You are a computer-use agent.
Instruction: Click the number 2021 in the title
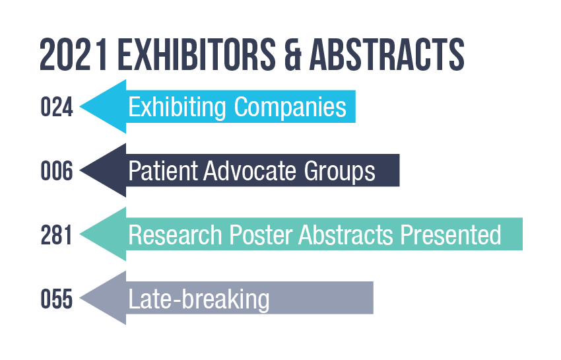(x=74, y=55)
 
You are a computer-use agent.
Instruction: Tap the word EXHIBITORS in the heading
(x=197, y=55)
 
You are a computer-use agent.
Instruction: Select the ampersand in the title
(x=293, y=55)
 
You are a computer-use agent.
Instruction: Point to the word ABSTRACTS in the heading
(x=387, y=55)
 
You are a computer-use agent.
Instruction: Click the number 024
(x=57, y=107)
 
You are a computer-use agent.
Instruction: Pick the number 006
(x=57, y=170)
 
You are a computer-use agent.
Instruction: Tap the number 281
(x=56, y=235)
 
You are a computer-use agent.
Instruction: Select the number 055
(x=57, y=299)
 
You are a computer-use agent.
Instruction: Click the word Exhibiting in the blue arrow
(x=177, y=107)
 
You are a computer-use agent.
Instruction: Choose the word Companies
(x=290, y=107)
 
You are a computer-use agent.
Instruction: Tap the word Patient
(x=163, y=170)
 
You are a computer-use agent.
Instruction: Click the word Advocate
(x=249, y=170)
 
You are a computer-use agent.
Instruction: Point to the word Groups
(x=339, y=171)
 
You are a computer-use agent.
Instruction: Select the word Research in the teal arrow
(x=176, y=235)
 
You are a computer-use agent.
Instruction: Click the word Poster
(x=261, y=235)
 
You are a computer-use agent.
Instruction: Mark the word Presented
(x=450, y=235)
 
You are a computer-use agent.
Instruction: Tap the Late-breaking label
(x=199, y=299)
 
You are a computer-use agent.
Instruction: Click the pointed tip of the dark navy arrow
(x=80, y=170)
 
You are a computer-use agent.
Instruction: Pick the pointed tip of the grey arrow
(x=80, y=298)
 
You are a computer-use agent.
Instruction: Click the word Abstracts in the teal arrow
(x=346, y=235)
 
